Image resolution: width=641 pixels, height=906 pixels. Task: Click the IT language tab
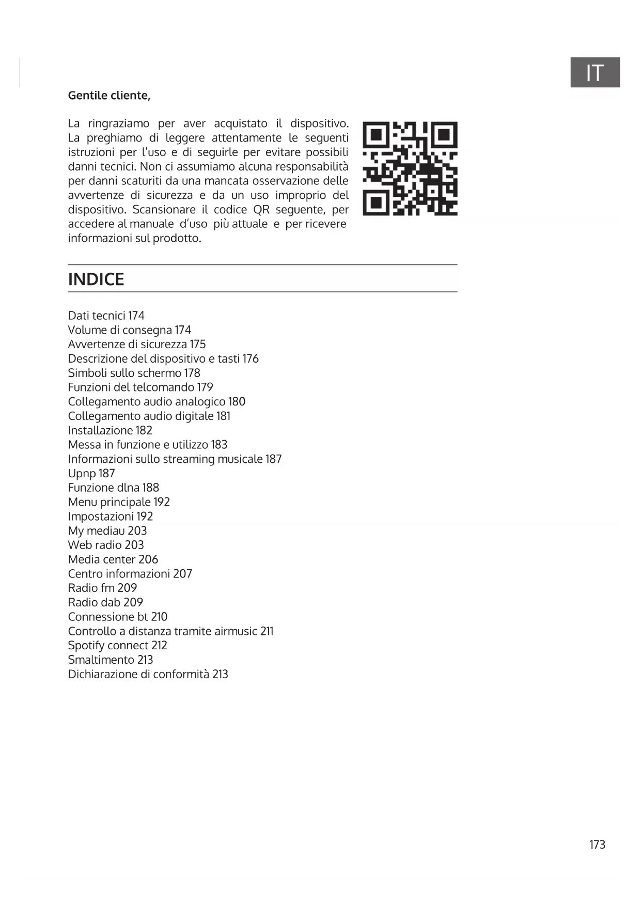tap(595, 72)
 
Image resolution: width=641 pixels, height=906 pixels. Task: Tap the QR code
tap(410, 168)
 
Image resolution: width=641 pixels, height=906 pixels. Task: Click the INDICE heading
tap(96, 279)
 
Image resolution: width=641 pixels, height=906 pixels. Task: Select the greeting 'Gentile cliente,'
tap(109, 96)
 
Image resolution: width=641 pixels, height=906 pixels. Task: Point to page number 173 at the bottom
tap(597, 845)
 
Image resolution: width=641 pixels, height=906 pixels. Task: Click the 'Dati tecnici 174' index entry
tap(106, 316)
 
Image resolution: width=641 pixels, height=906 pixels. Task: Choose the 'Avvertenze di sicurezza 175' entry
tap(136, 345)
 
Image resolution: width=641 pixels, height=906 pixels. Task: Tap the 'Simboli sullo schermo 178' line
tap(134, 373)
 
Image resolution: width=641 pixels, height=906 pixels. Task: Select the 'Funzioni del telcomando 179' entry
tap(140, 387)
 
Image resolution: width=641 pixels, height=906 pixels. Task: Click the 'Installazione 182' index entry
tap(110, 430)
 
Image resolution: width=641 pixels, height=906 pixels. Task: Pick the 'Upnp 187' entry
tap(91, 474)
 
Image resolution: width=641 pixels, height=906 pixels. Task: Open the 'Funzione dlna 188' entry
tap(113, 488)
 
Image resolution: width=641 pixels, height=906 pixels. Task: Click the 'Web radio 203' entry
tap(106, 545)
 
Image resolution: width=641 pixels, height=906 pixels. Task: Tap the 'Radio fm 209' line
tap(102, 588)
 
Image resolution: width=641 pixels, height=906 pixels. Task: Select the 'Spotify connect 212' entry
tap(117, 646)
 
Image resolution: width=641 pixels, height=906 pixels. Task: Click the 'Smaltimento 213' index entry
tap(110, 660)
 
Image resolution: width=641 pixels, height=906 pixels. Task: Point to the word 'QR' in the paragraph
tap(261, 210)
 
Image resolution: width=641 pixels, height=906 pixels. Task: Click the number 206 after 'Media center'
tap(148, 559)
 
